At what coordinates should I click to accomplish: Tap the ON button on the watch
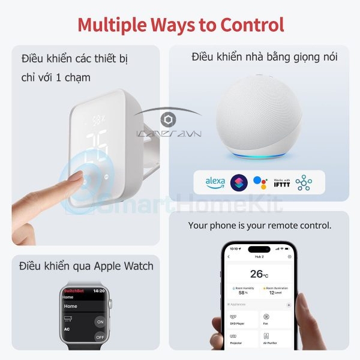coord(99,322)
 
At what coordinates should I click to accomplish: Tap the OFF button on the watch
coord(99,337)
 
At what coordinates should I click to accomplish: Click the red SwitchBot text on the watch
coord(73,291)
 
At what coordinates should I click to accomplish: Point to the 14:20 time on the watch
coord(99,291)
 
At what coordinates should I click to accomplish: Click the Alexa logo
coord(215,181)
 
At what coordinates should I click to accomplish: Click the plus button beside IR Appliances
coord(289,305)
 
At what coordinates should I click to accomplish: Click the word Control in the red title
coord(252,25)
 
